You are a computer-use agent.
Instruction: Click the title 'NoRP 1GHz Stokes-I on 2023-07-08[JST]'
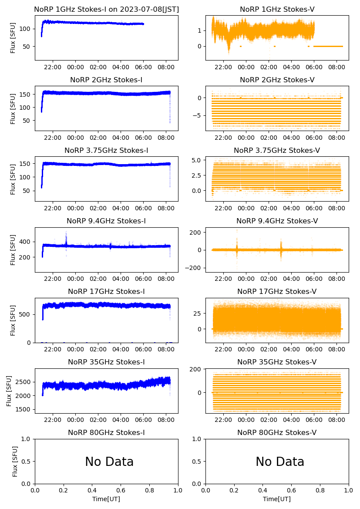click(107, 9)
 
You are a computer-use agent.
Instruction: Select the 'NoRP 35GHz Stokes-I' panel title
click(107, 362)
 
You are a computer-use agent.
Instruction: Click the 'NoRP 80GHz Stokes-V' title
click(277, 432)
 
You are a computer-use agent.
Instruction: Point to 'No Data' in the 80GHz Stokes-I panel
click(109, 462)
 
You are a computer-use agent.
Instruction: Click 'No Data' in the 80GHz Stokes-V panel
click(280, 462)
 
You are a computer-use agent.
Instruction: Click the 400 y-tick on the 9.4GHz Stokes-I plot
click(27, 242)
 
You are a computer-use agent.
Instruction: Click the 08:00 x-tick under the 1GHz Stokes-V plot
click(337, 67)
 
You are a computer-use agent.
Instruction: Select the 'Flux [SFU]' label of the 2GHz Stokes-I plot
click(13, 108)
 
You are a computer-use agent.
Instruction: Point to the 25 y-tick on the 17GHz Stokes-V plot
click(199, 313)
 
